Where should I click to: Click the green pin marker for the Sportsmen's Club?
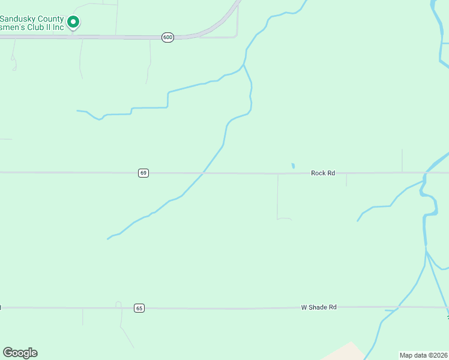(73, 23)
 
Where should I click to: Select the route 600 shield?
(167, 37)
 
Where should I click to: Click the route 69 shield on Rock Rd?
(143, 173)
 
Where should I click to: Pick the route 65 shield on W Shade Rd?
(139, 308)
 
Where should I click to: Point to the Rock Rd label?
(322, 173)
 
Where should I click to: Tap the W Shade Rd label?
(318, 307)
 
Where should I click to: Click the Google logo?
(20, 353)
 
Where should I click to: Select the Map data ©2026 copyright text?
(423, 355)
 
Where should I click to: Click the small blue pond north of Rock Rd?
(293, 166)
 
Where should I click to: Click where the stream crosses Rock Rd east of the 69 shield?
(203, 173)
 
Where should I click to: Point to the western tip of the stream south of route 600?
(77, 110)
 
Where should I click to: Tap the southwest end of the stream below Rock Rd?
(108, 239)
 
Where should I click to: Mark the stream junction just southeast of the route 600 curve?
(244, 64)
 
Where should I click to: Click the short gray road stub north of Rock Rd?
(402, 160)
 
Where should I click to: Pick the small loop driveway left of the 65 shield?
(118, 304)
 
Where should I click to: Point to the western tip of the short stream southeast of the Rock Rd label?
(358, 221)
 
